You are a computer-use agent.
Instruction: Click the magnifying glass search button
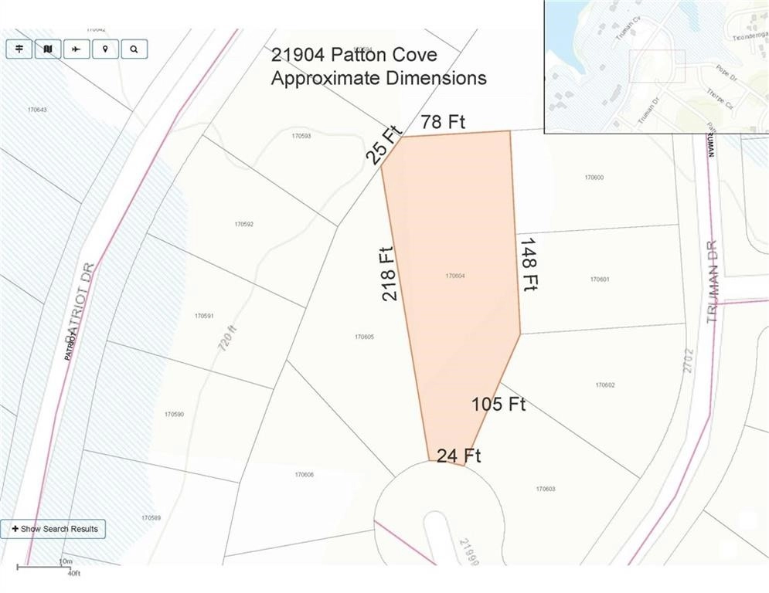tap(134, 49)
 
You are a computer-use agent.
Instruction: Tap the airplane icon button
tap(77, 49)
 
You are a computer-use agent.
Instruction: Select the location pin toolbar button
tap(105, 49)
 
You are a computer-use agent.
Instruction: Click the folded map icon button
tap(48, 49)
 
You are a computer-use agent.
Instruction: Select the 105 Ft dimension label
tap(498, 404)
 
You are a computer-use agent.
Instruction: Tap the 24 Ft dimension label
tap(458, 456)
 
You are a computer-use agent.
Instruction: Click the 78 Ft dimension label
tap(443, 121)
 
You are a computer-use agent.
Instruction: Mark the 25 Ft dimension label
tap(385, 146)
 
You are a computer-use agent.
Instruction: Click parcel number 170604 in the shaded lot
tap(455, 276)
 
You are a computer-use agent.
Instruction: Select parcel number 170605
tap(364, 337)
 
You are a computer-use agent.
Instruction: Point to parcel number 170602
tap(605, 385)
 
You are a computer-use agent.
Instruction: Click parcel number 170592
tap(244, 225)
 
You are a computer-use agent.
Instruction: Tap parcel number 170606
tap(304, 474)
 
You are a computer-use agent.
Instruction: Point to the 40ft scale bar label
tap(74, 574)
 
